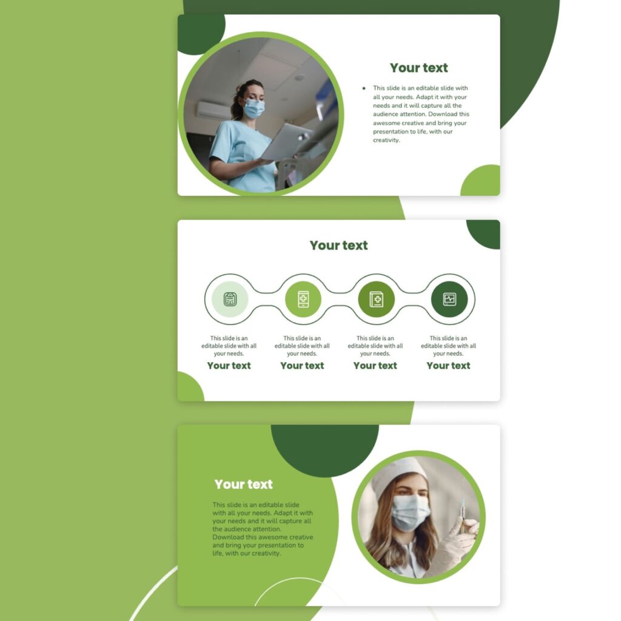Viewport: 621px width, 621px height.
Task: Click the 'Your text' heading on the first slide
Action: (x=418, y=68)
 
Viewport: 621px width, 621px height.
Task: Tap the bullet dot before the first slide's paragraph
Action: (x=363, y=89)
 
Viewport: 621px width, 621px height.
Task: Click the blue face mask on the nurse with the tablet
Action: (x=254, y=109)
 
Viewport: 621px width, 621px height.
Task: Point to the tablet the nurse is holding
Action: (x=286, y=142)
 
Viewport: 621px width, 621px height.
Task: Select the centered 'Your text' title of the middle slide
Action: (x=338, y=246)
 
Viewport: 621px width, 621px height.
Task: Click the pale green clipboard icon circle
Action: (x=230, y=299)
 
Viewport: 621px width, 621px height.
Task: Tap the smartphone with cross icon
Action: (x=303, y=299)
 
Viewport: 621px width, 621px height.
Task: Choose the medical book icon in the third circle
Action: (x=376, y=299)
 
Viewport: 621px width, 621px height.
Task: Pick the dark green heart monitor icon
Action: (x=449, y=299)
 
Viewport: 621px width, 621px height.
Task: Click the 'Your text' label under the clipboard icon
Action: (x=229, y=366)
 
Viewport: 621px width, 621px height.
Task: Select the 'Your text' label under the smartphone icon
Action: (x=302, y=366)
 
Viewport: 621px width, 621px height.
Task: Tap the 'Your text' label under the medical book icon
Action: (x=375, y=366)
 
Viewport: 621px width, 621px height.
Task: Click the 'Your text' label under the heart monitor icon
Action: (x=448, y=366)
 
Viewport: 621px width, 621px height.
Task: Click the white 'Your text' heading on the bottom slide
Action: (x=243, y=485)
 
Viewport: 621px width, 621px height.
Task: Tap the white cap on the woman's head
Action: (x=397, y=471)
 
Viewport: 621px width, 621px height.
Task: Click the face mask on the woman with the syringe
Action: (x=410, y=511)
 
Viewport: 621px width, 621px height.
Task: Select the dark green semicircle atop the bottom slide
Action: (x=324, y=449)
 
